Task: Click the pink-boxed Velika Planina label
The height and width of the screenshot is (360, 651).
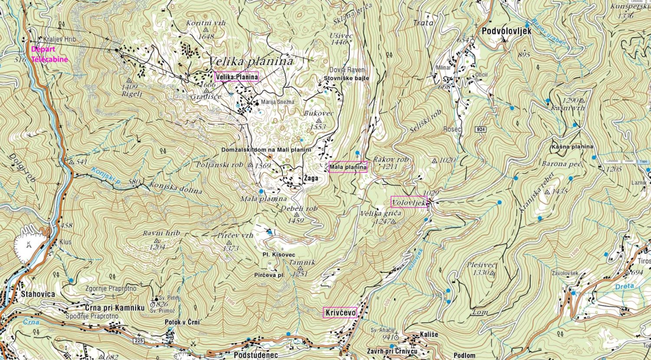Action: tap(237, 77)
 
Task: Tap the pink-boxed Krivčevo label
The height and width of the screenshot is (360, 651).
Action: tap(340, 313)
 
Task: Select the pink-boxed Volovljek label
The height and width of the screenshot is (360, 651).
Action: tap(409, 202)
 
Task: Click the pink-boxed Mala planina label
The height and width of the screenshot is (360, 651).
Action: tap(348, 167)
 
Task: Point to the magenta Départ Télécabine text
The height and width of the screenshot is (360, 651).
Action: tap(49, 54)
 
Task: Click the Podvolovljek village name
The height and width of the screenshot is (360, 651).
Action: tap(500, 31)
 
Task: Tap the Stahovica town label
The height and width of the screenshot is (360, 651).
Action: tap(38, 294)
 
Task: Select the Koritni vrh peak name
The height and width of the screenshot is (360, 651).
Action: tap(206, 23)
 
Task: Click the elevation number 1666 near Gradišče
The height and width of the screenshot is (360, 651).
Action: tap(209, 85)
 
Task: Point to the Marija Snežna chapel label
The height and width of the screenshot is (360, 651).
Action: tap(278, 102)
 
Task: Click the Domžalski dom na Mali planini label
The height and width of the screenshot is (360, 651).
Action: tap(266, 150)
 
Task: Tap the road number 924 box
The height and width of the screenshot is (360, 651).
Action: tap(480, 130)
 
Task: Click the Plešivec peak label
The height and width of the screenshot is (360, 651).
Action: tap(481, 265)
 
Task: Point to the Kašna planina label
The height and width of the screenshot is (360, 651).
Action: tap(572, 147)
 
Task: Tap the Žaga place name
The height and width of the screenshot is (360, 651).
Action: tap(310, 178)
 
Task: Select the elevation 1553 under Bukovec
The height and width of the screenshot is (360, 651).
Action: tap(318, 127)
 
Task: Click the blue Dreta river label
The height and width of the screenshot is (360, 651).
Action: tap(624, 286)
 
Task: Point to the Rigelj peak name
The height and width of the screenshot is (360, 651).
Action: tap(129, 93)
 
